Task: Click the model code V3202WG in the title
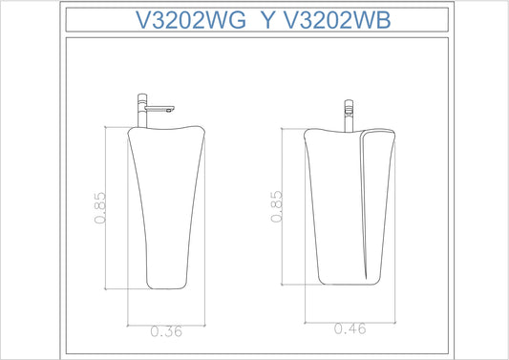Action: point(191,20)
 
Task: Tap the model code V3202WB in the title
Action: point(338,20)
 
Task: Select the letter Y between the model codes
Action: point(267,20)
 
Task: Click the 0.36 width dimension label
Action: point(166,331)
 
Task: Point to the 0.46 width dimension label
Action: point(350,328)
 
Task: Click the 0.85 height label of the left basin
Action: point(100,208)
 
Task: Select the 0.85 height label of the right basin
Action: point(276,206)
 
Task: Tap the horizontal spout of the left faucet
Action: point(159,109)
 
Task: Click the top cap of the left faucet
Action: point(142,97)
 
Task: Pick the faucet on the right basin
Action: point(349,116)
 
